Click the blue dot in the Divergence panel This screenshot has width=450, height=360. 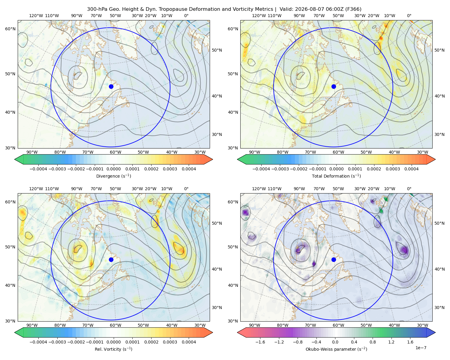coord(111,86)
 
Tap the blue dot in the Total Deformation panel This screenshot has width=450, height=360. coord(334,86)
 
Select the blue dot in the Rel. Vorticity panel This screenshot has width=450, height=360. coord(111,259)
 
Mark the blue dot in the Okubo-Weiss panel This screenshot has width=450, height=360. coord(334,259)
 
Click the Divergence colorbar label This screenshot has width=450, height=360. coord(113,176)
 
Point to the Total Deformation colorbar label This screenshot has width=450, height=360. coord(336,176)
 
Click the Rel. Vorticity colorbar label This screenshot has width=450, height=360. coord(113,349)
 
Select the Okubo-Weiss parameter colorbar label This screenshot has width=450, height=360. coord(336,349)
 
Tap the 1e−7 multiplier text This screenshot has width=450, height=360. coord(421,348)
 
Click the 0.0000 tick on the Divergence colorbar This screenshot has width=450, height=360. coord(113,169)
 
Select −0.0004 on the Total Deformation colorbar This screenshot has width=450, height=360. coord(261,169)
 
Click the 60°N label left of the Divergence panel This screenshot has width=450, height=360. coord(10,29)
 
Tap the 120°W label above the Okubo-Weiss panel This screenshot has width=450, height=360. coord(259,188)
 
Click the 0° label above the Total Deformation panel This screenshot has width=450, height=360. coord(409,16)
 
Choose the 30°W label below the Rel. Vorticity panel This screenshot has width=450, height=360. coord(200,325)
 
